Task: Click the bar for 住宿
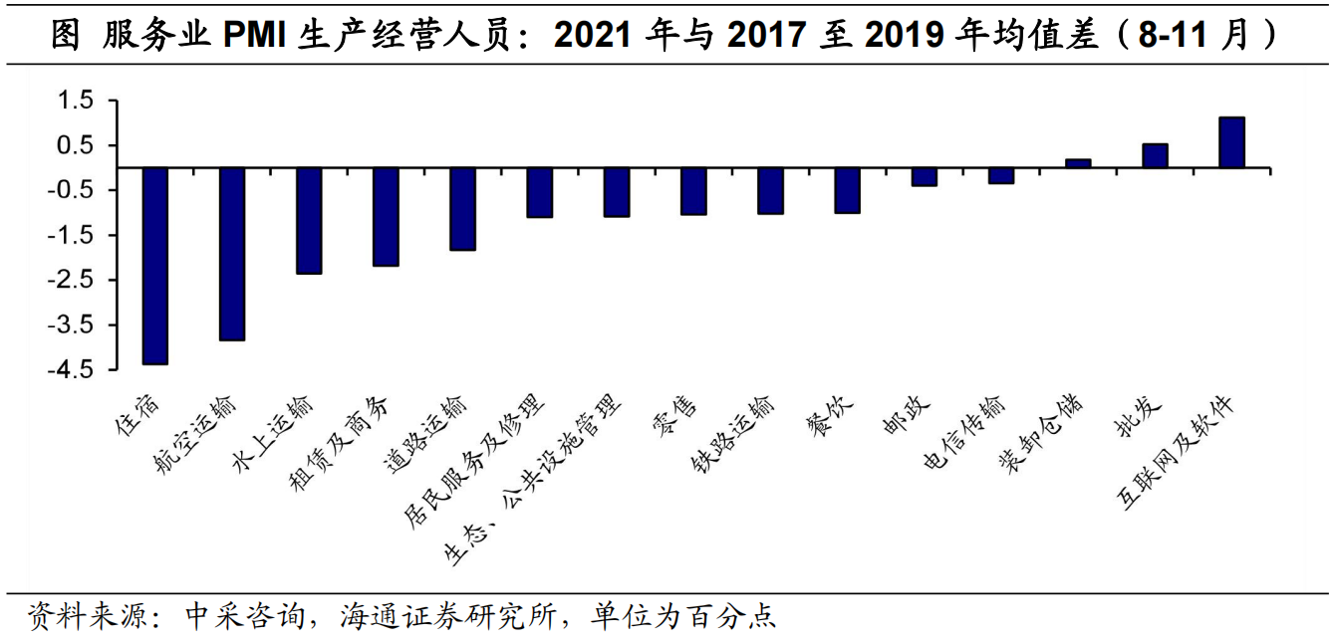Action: pyautogui.click(x=155, y=266)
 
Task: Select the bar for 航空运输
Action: pyautogui.click(x=232, y=254)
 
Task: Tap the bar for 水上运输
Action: pyautogui.click(x=309, y=221)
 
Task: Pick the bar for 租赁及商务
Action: pyautogui.click(x=386, y=217)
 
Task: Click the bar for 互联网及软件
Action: pyautogui.click(x=1231, y=142)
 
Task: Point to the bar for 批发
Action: pyautogui.click(x=1155, y=156)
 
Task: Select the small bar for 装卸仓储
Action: pyautogui.click(x=1078, y=163)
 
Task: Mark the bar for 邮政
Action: pyautogui.click(x=925, y=177)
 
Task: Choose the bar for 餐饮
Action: pyautogui.click(x=848, y=190)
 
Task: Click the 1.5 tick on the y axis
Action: pyautogui.click(x=76, y=101)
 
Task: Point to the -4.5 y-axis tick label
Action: pyautogui.click(x=72, y=370)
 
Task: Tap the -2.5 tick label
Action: pyautogui.click(x=72, y=281)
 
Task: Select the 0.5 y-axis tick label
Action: pyautogui.click(x=76, y=145)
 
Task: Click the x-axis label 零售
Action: pyautogui.click(x=675, y=421)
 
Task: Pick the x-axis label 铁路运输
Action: pyautogui.click(x=732, y=435)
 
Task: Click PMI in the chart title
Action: pyautogui.click(x=255, y=37)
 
